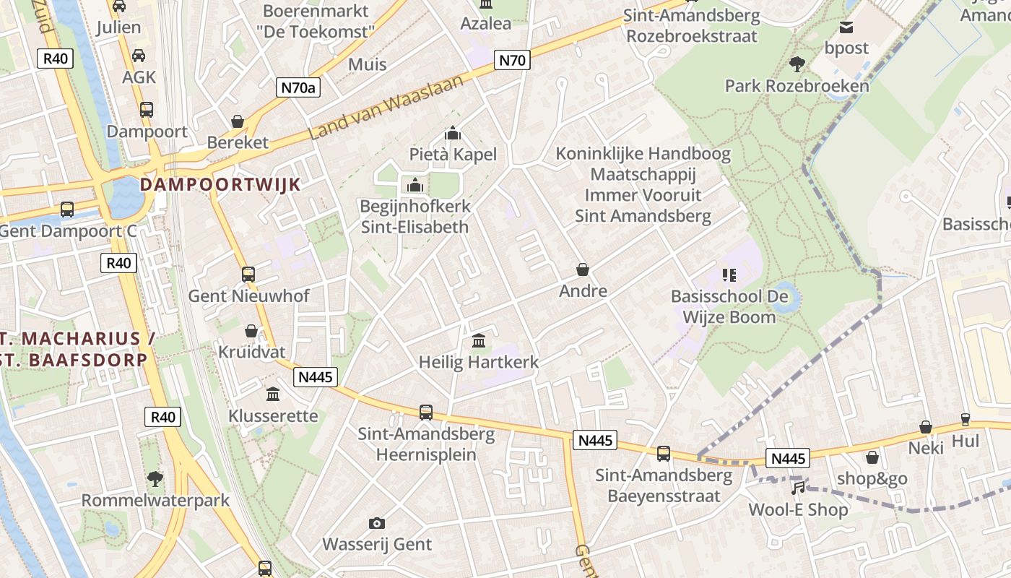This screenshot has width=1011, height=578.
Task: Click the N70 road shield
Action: pos(513,60)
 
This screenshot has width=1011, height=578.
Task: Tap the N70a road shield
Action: pos(299,88)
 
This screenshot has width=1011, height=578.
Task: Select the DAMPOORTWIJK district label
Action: pos(220,184)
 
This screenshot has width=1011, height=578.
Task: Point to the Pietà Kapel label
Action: pos(453,154)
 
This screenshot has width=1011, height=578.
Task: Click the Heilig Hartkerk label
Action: pos(479,362)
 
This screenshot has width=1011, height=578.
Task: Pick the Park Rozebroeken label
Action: pos(797,86)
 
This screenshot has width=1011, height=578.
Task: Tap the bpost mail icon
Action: pos(846,27)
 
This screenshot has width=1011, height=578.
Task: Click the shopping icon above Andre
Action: pos(583,269)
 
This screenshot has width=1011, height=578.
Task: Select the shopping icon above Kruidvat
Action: pos(251,331)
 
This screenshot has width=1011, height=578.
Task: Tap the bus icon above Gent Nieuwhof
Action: pos(248,275)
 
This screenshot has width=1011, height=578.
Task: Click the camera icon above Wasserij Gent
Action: pos(376,523)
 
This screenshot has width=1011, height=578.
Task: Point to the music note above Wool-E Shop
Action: pos(798,488)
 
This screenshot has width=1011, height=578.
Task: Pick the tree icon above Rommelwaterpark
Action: pos(155,478)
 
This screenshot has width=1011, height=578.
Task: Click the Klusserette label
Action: pos(273,415)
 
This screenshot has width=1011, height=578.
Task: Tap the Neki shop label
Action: pos(926,448)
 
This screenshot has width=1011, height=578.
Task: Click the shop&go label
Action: pos(872,478)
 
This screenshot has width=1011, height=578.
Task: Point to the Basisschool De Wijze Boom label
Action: pos(729,306)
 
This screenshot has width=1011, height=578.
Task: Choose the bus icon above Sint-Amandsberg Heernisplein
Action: pos(426,413)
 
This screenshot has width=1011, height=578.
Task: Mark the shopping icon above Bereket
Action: pos(238,121)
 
